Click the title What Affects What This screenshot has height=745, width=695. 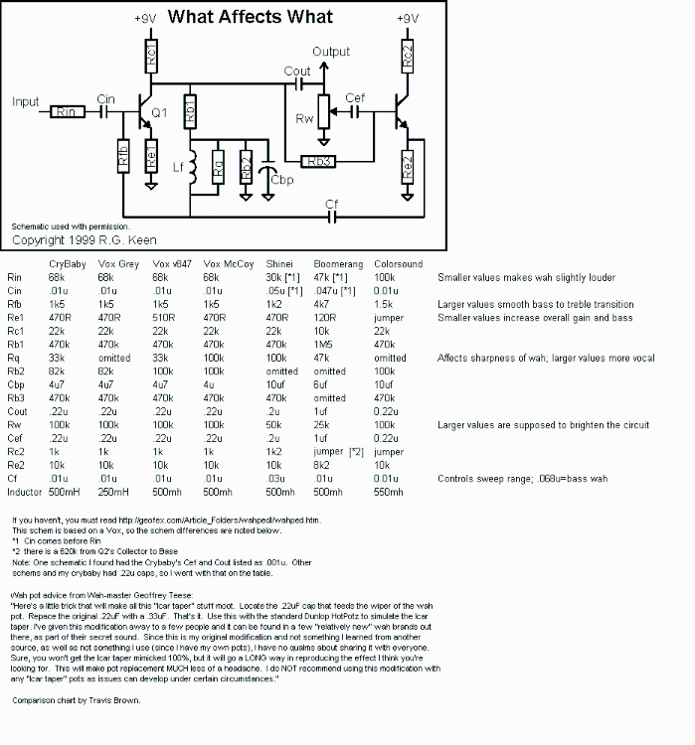(250, 17)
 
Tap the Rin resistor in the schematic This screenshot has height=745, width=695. (69, 112)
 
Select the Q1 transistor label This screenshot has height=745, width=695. (161, 114)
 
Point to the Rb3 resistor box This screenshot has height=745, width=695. (319, 160)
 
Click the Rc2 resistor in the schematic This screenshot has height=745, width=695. (406, 57)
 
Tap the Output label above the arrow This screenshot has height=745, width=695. (330, 52)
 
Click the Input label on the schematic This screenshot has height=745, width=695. (26, 101)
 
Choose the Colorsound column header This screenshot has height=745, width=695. (398, 264)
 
